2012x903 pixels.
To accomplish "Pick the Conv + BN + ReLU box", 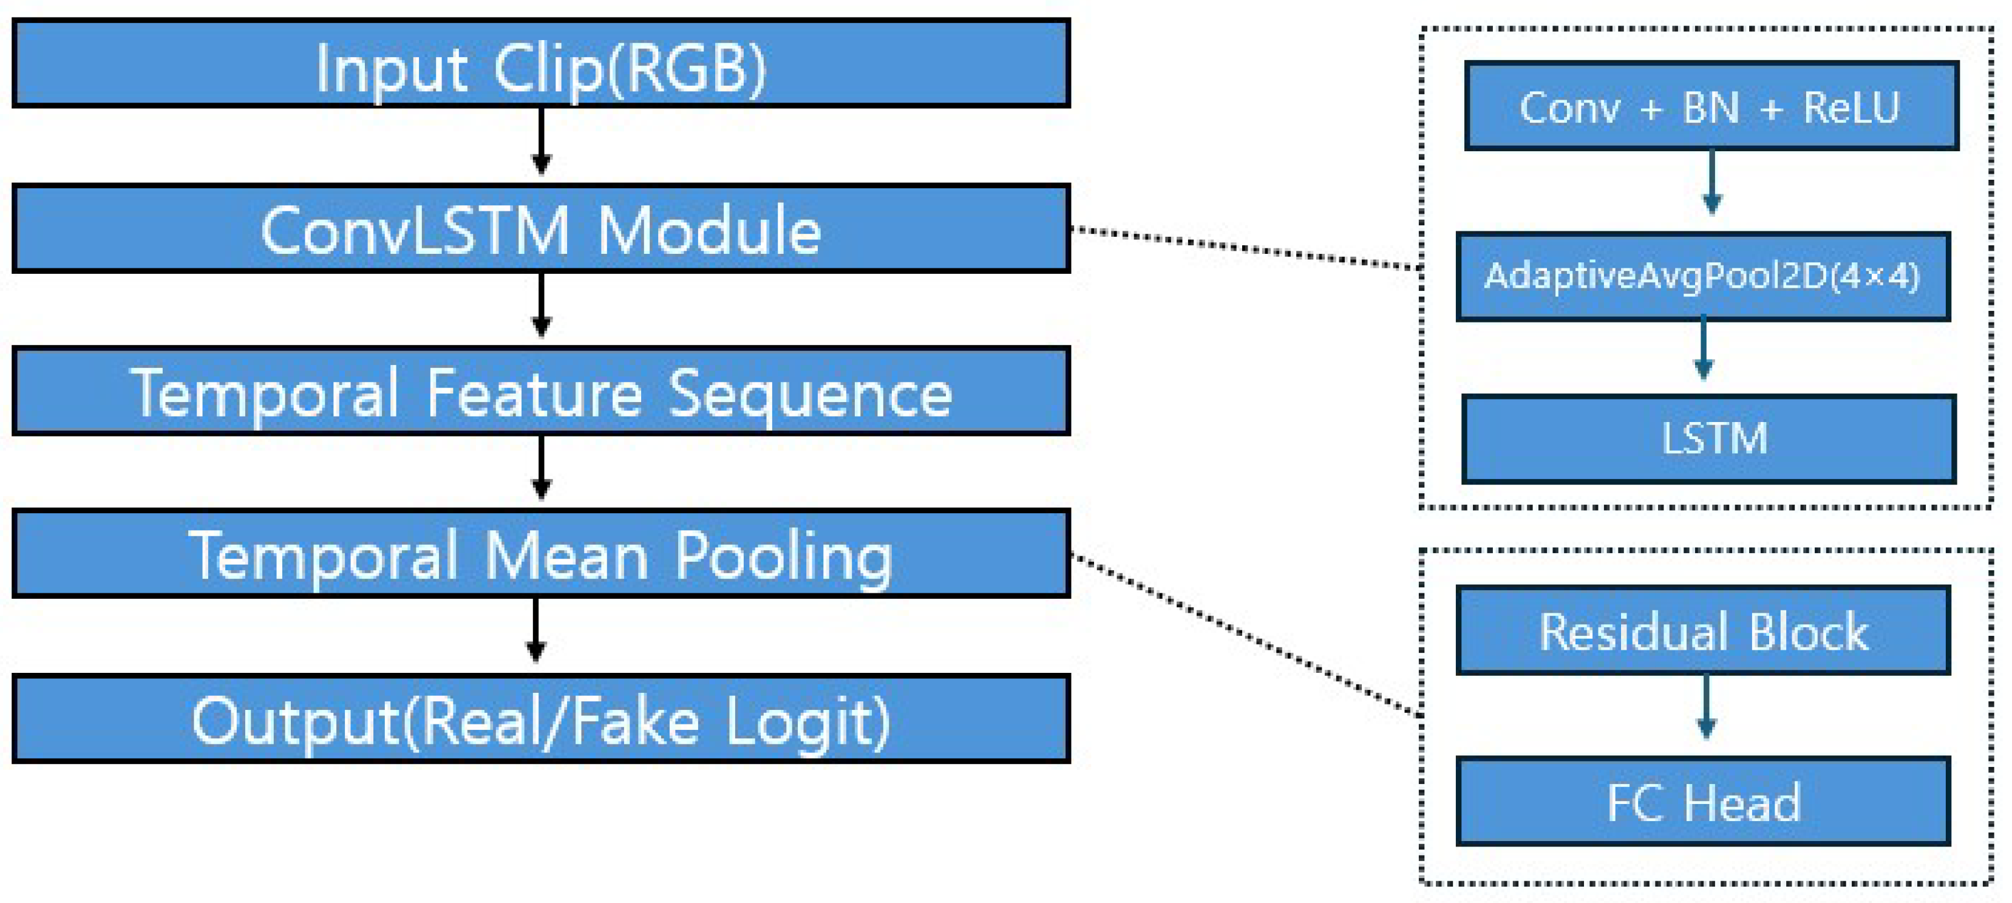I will tap(1710, 106).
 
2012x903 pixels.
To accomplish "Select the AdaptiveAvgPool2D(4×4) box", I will tap(1703, 276).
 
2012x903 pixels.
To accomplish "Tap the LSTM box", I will tap(1709, 439).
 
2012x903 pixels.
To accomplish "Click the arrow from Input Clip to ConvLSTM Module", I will tap(542, 141).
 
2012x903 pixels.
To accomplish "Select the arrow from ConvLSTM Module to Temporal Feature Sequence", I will tap(542, 305).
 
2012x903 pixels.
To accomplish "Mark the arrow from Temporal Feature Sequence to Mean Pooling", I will tap(542, 467).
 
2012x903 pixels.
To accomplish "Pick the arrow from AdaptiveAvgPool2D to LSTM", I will tap(1704, 349).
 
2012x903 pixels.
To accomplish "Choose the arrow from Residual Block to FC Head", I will tap(1706, 706).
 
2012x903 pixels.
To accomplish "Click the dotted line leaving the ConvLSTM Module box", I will tap(1246, 248).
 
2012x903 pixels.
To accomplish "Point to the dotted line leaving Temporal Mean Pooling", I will tap(1246, 635).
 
